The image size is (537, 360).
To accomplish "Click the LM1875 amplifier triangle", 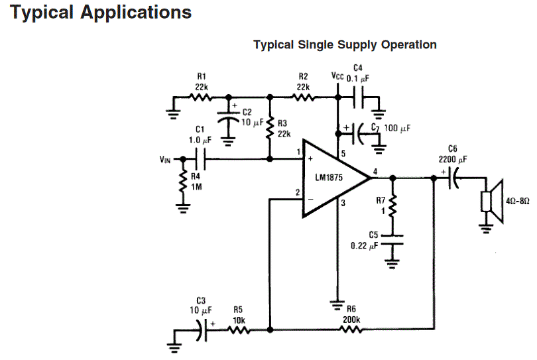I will click(331, 178).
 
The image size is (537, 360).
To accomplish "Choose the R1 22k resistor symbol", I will click(200, 97).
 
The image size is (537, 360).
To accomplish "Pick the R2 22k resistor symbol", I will click(303, 97).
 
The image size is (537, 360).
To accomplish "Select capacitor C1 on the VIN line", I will click(202, 159).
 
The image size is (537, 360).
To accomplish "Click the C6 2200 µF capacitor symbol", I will click(453, 178).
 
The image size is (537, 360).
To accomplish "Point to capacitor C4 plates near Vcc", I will click(359, 97).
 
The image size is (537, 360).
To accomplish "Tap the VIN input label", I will click(165, 159).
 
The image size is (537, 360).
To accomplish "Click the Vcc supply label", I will click(337, 76).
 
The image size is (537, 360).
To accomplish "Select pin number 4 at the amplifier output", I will click(375, 172).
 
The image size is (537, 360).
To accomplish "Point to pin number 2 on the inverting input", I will click(298, 193).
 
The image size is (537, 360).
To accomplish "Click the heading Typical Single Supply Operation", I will click(345, 45).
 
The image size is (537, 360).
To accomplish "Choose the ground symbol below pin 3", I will click(337, 304).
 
